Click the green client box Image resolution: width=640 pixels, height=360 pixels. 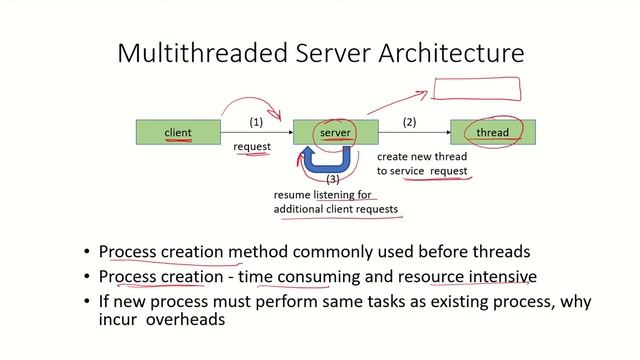click(178, 132)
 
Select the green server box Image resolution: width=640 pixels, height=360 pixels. click(334, 132)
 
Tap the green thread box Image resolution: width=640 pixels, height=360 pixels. click(492, 132)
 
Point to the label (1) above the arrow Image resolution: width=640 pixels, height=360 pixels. click(256, 122)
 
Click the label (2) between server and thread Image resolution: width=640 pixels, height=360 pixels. click(409, 122)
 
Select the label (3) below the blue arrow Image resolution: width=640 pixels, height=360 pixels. click(334, 180)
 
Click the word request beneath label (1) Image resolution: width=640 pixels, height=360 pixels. click(252, 147)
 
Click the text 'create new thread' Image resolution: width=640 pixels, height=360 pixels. click(421, 157)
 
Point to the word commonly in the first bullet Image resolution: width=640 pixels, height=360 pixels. click(320, 252)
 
